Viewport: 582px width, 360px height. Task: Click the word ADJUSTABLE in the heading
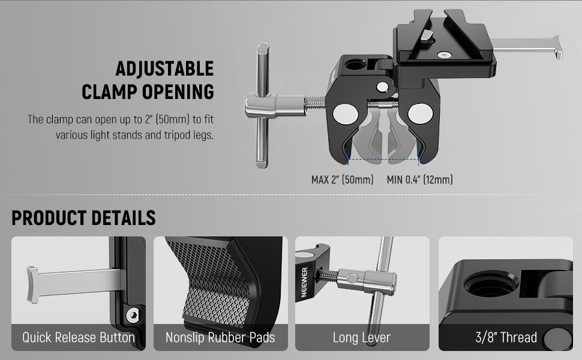(164, 68)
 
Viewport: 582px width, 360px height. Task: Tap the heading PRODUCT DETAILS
(83, 218)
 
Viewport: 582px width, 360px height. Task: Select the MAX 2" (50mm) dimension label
(342, 180)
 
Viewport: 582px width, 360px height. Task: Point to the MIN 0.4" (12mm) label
(420, 180)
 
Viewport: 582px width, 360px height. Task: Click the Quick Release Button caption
(79, 337)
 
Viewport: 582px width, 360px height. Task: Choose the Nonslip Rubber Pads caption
(220, 337)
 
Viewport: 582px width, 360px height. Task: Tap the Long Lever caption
(362, 337)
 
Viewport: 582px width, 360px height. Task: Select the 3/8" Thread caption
(506, 337)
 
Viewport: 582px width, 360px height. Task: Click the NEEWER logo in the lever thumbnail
(304, 282)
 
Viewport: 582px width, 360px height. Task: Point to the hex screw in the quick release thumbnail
(133, 315)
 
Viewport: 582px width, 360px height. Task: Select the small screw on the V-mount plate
(444, 55)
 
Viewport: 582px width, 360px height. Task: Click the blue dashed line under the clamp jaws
(383, 160)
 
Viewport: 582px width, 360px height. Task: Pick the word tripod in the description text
(177, 135)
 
